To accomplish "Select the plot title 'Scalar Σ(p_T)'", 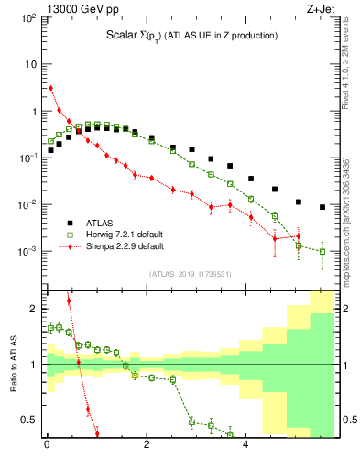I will [x=135, y=36].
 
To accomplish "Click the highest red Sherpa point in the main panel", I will [x=50, y=88].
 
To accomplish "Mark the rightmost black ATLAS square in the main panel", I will [x=322, y=207].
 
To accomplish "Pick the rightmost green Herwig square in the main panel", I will [x=322, y=251].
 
